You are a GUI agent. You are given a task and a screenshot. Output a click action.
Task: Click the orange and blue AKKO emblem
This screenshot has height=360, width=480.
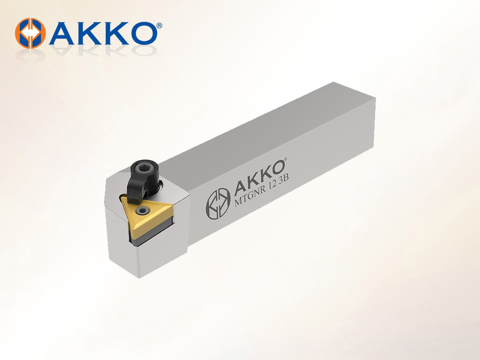[30, 33]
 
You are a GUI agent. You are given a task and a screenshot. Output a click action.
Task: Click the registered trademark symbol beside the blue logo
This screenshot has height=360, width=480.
[159, 26]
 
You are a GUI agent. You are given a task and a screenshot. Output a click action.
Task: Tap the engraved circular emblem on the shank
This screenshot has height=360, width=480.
[217, 203]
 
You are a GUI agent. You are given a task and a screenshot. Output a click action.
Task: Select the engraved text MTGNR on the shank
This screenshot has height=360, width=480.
[250, 196]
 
